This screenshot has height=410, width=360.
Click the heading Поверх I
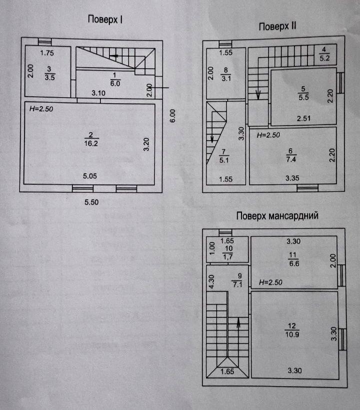105,20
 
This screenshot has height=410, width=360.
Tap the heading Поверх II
278,27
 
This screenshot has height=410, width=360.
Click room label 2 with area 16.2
91,139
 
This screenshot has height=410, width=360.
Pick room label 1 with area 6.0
115,80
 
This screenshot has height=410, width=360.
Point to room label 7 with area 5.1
223,156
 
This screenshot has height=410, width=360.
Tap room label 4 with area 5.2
324,53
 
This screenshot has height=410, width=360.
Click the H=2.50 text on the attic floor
271,282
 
